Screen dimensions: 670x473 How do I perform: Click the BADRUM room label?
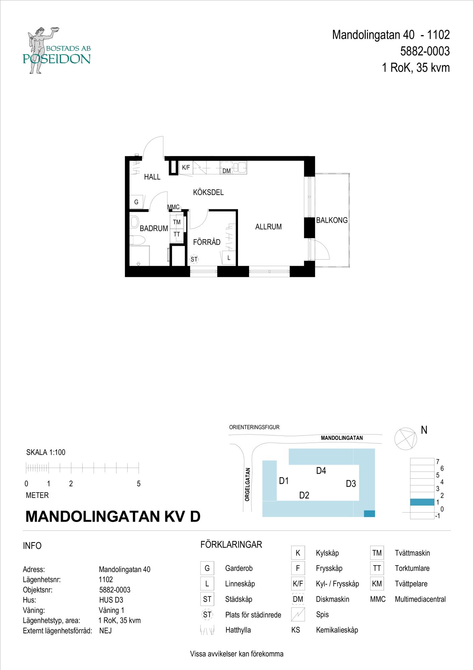(154, 228)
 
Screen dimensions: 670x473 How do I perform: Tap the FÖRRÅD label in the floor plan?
(207, 242)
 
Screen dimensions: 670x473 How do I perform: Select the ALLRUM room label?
(268, 227)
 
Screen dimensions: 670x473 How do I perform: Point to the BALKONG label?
(332, 220)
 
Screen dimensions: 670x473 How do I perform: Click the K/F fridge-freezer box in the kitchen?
(186, 167)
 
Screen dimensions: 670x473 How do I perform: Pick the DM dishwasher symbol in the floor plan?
(227, 171)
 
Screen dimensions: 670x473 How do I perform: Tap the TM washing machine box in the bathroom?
(177, 222)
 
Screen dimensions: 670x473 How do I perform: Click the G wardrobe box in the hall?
(136, 202)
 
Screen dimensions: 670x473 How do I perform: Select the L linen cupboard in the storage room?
(229, 258)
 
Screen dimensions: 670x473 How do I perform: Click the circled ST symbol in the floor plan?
(194, 259)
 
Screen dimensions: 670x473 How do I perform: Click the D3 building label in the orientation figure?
(351, 484)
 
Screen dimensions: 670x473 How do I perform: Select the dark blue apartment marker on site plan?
(369, 514)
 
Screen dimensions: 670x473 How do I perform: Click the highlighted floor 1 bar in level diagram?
(422, 502)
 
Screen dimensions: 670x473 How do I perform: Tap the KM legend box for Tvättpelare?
(377, 584)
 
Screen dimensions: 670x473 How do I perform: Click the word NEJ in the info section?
(105, 631)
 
